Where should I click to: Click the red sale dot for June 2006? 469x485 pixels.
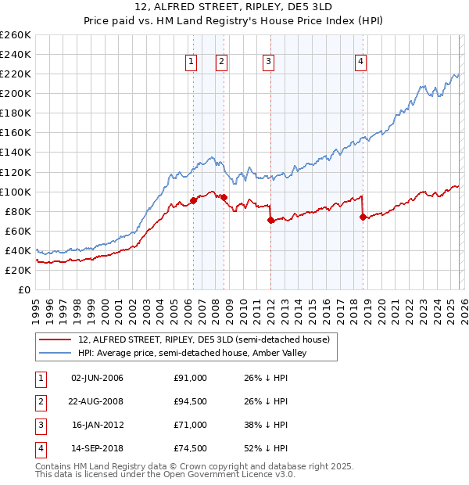click(x=193, y=200)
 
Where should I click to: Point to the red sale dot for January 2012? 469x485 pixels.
click(x=270, y=220)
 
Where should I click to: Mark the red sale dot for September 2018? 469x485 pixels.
click(x=363, y=217)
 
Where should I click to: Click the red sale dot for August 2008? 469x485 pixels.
click(x=224, y=197)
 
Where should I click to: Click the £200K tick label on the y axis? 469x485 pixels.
click(x=15, y=93)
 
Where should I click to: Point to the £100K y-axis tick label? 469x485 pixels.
click(x=15, y=192)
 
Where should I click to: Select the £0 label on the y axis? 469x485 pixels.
click(x=24, y=289)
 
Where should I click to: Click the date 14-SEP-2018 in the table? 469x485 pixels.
click(x=98, y=448)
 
